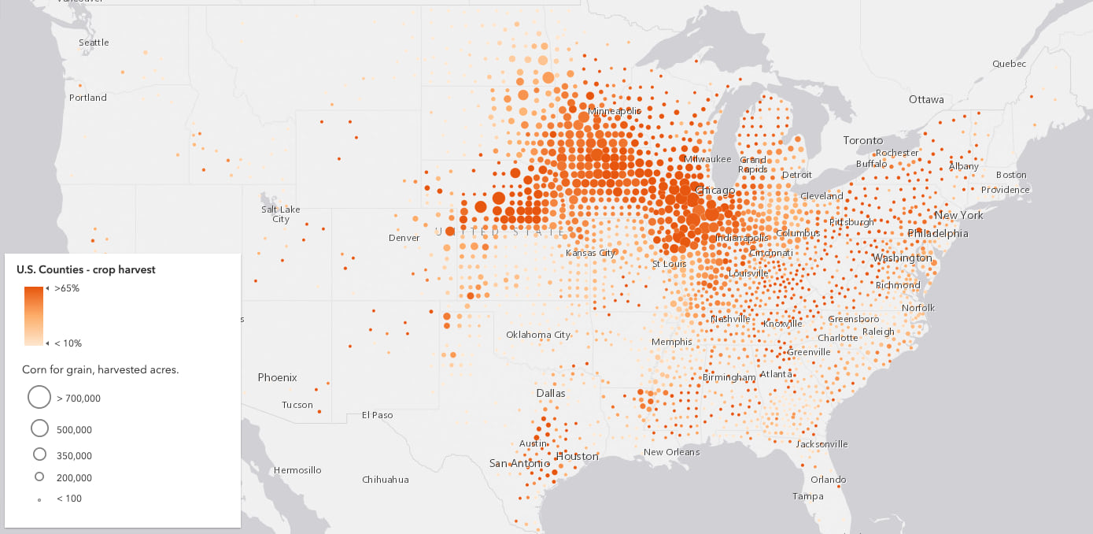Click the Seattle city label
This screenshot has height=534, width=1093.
(x=94, y=43)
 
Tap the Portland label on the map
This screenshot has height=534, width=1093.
(x=87, y=98)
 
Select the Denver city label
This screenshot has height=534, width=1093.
(x=404, y=238)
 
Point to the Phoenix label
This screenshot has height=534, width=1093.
(x=277, y=378)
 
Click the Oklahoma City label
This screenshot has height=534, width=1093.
(x=538, y=335)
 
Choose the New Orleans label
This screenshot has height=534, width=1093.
(x=671, y=452)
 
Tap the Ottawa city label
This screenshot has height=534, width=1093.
(x=926, y=100)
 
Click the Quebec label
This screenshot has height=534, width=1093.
(x=1009, y=64)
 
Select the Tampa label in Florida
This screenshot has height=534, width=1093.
(x=808, y=496)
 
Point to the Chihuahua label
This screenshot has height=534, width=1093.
(x=386, y=480)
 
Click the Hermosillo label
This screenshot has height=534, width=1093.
(x=297, y=470)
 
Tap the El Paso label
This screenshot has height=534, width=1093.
(x=377, y=415)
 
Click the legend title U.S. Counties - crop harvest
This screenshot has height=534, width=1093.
(x=86, y=269)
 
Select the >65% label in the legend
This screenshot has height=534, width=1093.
(x=67, y=289)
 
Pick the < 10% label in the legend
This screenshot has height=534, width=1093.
(x=68, y=343)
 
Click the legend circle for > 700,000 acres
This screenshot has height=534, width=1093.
(x=39, y=398)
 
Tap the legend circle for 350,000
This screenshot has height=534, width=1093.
(x=39, y=455)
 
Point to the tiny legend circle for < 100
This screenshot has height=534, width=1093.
(x=39, y=499)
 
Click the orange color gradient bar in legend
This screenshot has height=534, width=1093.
(x=33, y=316)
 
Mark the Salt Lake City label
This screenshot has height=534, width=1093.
(x=281, y=214)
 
